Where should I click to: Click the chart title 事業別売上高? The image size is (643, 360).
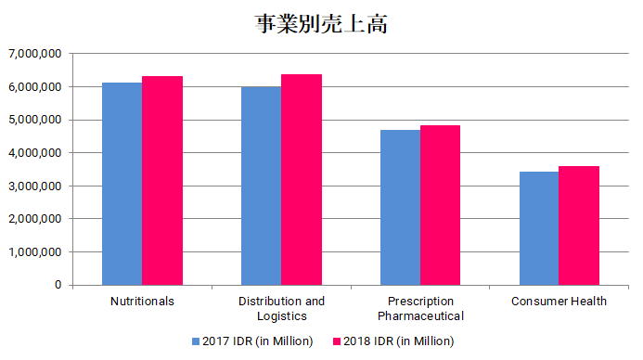point(321,24)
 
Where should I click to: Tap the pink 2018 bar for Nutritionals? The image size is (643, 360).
point(162,180)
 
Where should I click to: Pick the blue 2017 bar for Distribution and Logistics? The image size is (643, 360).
point(261,186)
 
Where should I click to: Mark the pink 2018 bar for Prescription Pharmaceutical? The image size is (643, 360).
point(440,205)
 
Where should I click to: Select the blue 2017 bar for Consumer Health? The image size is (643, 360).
point(539,228)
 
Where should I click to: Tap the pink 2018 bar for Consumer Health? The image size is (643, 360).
point(579,225)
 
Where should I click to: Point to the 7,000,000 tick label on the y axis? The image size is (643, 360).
point(33,54)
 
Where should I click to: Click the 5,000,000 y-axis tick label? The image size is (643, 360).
point(33,120)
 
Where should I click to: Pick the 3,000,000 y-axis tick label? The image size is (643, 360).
point(33,186)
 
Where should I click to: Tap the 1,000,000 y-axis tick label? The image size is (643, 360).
point(33,251)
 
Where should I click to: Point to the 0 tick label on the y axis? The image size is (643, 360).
point(58,285)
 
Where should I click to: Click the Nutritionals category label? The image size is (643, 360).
point(142,302)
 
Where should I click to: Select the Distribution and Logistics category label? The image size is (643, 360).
point(281,308)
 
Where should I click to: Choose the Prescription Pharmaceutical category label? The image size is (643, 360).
point(420,308)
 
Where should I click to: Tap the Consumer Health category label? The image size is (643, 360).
point(559,302)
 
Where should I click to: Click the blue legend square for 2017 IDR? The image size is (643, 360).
point(197,341)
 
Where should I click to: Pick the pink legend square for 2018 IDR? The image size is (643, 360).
point(337,341)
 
